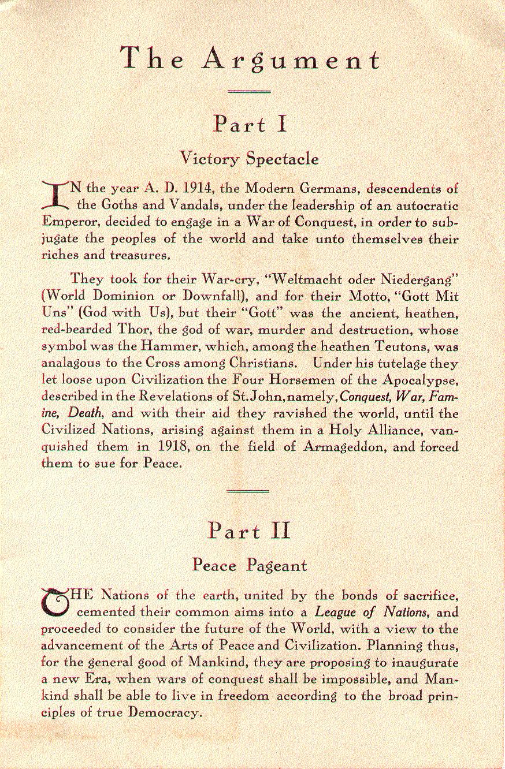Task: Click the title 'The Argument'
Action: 250,60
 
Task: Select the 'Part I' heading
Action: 250,124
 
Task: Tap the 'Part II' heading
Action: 250,530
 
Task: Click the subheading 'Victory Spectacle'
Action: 249,158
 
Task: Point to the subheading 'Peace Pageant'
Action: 249,565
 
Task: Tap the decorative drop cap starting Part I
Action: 55,195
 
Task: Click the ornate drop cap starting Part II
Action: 55,602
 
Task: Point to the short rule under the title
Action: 250,91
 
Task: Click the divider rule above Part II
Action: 249,492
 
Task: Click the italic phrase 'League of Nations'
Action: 372,611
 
